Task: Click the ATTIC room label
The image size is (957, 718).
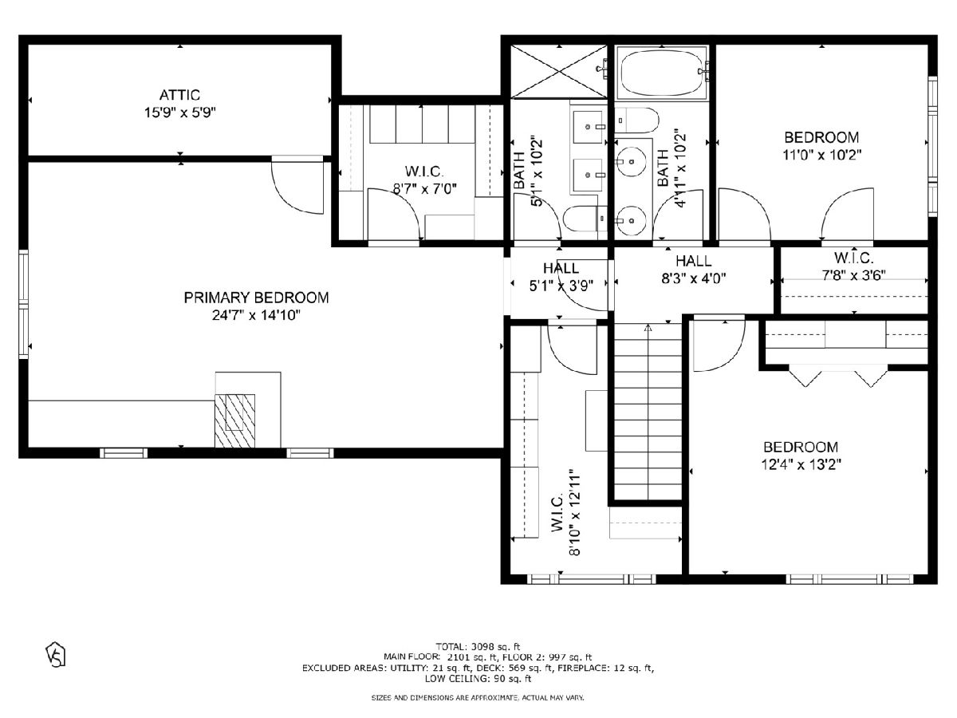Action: pos(179,95)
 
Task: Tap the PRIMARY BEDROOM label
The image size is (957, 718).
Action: pos(256,298)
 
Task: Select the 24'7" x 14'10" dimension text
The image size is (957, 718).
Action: pos(256,315)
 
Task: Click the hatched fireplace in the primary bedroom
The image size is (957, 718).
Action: pos(234,420)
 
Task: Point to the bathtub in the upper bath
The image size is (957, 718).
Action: pos(661,73)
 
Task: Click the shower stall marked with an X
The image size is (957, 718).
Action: pos(558,72)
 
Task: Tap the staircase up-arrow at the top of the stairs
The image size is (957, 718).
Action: pos(648,328)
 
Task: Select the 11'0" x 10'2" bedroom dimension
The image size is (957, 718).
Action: pos(822,155)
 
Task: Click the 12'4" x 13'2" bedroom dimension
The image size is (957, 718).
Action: pos(801,464)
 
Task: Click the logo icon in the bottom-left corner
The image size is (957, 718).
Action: pos(56,654)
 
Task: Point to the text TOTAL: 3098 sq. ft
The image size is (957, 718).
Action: pos(478,646)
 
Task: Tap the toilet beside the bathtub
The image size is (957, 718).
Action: pos(637,120)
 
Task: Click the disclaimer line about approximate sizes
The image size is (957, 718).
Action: pos(478,697)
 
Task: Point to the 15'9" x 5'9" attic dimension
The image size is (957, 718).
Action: pos(180,112)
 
